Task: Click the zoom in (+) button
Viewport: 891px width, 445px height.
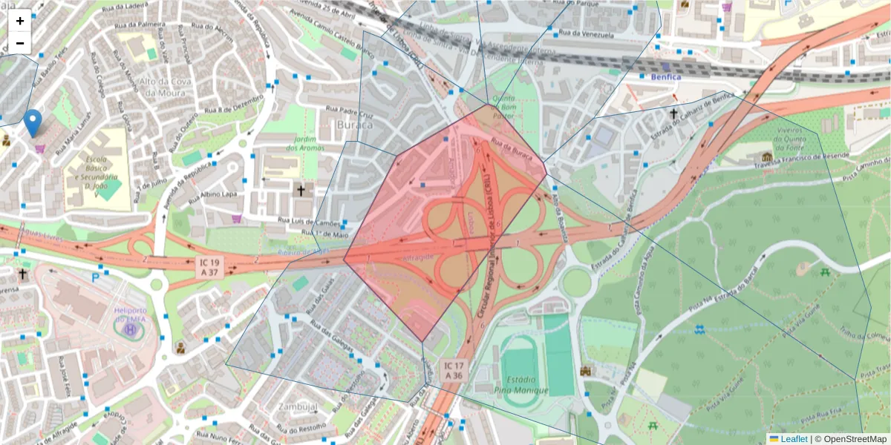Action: (20, 21)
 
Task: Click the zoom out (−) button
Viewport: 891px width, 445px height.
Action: (20, 43)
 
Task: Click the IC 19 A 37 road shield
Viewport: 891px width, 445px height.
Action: (210, 268)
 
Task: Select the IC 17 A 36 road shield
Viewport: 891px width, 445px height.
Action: (454, 370)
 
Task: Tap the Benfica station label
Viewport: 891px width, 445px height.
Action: (665, 76)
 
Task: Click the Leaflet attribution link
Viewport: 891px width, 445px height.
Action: (794, 439)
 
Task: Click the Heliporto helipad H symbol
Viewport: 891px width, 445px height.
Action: (131, 327)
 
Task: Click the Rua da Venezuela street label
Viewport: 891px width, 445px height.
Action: (587, 33)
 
